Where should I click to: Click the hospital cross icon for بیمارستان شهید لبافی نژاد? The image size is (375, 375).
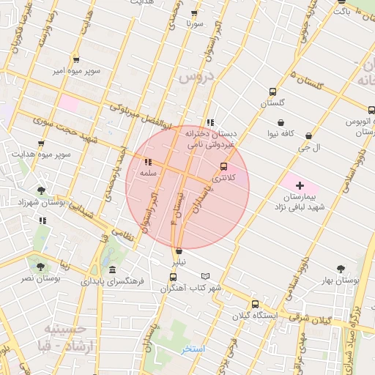pos(300,185)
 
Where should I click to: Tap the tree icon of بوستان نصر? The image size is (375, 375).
pos(39,267)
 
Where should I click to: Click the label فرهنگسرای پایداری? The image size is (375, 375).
pos(116,281)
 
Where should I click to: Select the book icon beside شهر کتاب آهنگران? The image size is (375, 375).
pos(205,276)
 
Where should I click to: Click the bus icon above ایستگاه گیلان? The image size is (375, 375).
pos(255,304)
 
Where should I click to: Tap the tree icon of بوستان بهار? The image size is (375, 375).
pos(340,270)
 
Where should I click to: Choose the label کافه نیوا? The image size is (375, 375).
pos(281,134)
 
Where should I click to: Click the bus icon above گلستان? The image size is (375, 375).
pos(273,92)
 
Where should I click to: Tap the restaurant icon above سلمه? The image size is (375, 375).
pos(148,162)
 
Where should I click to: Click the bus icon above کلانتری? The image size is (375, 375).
pos(224,166)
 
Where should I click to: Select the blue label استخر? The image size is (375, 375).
pos(194,349)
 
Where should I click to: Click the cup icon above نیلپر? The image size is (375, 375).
pos(179,251)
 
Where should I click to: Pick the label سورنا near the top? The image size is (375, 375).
pos(194,23)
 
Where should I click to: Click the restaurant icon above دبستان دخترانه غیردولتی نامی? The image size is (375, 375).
pos(211,122)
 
